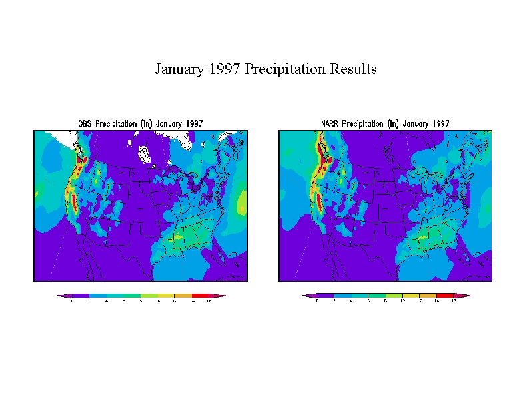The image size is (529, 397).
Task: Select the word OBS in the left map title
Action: tap(85, 123)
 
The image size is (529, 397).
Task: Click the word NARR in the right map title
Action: tap(332, 123)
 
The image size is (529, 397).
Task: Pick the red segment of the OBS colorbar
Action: tap(200, 295)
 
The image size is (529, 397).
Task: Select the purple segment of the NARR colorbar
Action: tap(325, 295)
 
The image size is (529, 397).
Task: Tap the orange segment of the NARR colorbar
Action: tap(428, 295)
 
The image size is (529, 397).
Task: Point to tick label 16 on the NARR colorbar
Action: tap(454, 301)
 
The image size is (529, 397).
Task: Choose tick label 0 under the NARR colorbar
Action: tap(318, 301)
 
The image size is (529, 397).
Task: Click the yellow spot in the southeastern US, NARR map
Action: tap(422, 237)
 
